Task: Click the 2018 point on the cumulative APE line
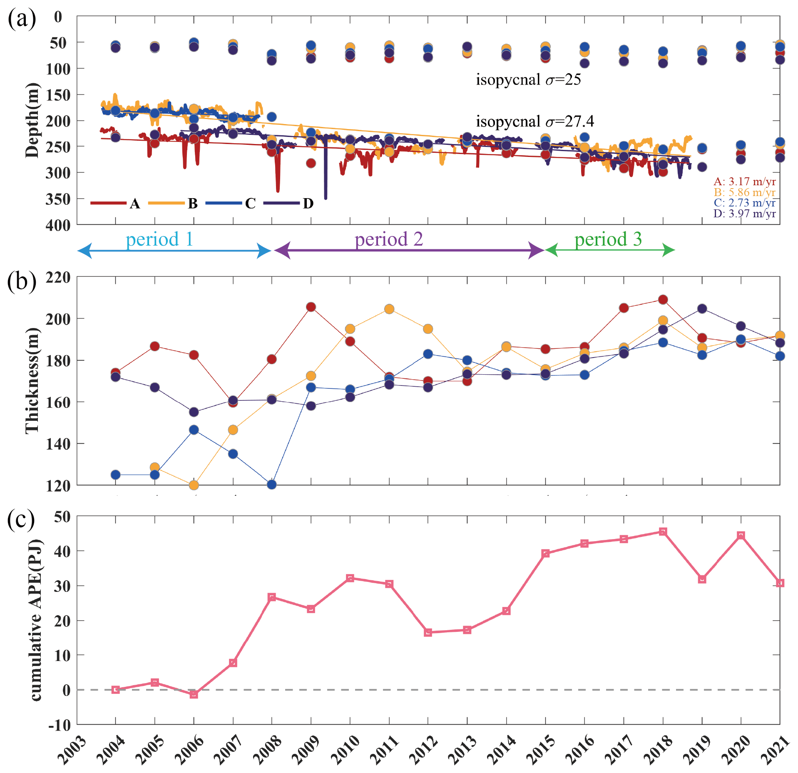(x=663, y=532)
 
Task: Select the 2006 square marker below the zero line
(x=194, y=694)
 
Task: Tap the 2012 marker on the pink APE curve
(x=428, y=632)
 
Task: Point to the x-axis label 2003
(x=72, y=750)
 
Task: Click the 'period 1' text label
(x=159, y=239)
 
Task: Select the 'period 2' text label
(x=388, y=239)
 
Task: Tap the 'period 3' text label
(x=608, y=239)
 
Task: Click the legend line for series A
(x=108, y=203)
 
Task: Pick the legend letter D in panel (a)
(x=308, y=204)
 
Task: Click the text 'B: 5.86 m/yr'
(x=744, y=192)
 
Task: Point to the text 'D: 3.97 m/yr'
(x=744, y=214)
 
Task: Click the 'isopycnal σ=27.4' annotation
(x=535, y=122)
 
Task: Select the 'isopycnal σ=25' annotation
(x=528, y=80)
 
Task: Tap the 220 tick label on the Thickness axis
(x=58, y=277)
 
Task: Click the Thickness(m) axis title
(x=32, y=380)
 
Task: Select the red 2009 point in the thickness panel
(x=311, y=307)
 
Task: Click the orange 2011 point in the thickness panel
(x=389, y=309)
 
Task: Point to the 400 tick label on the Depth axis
(x=58, y=225)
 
